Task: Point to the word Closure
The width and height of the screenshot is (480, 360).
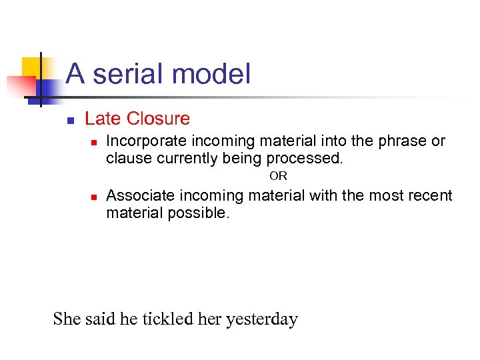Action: tap(158, 119)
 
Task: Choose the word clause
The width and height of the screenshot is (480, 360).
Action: tap(129, 158)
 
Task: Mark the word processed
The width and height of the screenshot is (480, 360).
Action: tap(305, 158)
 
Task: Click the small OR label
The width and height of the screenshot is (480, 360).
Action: tap(278, 177)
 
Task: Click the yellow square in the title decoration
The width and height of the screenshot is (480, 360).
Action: tap(33, 67)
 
